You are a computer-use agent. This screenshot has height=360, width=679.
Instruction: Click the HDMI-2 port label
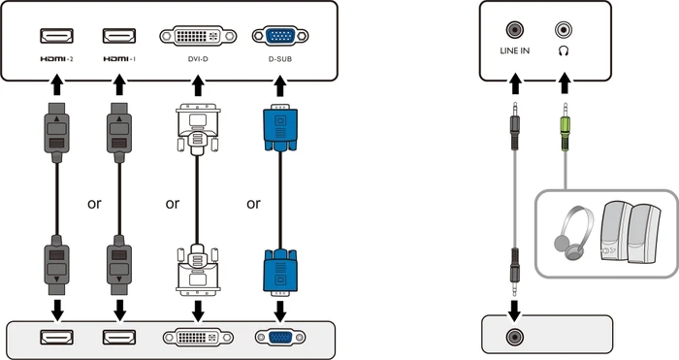coord(56,59)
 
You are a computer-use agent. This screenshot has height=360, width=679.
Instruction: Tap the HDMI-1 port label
coord(119,59)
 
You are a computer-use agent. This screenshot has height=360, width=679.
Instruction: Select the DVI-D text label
coord(198,59)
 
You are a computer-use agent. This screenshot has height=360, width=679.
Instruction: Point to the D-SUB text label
coord(280,59)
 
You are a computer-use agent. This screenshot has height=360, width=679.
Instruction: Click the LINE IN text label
coord(514,50)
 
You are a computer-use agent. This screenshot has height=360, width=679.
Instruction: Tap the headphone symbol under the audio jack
coord(564,51)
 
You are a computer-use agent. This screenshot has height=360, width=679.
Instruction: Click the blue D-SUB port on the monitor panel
coord(280,36)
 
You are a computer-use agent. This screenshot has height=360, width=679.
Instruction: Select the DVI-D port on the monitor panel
coord(198,36)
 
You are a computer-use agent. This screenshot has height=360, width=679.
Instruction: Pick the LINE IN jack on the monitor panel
coord(514,30)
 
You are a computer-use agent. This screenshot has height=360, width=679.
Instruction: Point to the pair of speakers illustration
coord(630,232)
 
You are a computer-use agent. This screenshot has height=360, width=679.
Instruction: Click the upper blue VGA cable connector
coord(280,128)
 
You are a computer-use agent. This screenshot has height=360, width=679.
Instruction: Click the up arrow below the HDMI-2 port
coord(56,85)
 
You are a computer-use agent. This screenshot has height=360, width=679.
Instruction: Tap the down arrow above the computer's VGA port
coord(280,311)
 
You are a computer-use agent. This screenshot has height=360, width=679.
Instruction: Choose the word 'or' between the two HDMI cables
coord(94,203)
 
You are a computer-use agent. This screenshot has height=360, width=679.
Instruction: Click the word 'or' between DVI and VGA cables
coord(253,203)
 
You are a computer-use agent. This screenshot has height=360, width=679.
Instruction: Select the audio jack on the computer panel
coord(514,337)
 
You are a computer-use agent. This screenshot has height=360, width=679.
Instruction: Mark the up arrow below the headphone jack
coord(564,83)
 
